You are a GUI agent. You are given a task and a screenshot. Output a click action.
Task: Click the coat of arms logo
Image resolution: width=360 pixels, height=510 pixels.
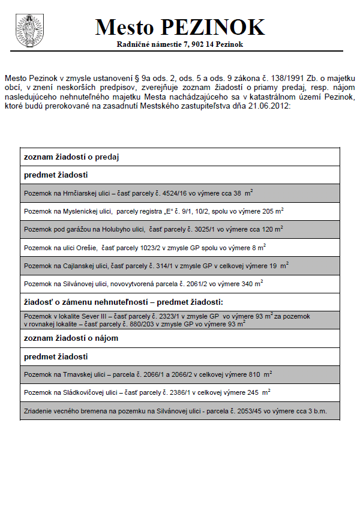point(26,30)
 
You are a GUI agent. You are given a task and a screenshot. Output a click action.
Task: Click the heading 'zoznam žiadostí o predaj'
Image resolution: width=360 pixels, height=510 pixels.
point(71,157)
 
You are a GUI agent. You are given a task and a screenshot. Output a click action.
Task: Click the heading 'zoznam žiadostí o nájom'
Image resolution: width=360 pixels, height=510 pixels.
point(71,338)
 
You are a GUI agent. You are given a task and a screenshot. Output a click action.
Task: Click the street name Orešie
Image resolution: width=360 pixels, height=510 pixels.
point(86,247)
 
